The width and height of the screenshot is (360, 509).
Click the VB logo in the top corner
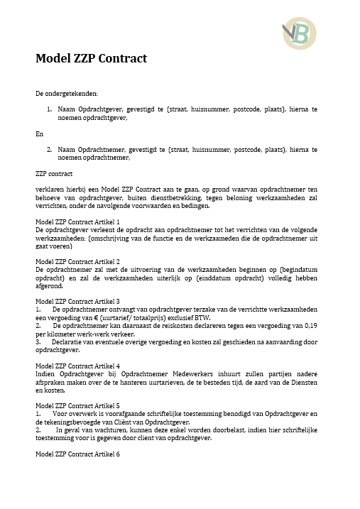point(299,33)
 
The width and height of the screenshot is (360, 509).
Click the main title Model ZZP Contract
point(91,58)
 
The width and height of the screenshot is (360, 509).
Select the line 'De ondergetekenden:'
point(67,93)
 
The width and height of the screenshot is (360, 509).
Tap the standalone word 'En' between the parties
point(39,133)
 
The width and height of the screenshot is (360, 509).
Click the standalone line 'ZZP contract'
point(53,173)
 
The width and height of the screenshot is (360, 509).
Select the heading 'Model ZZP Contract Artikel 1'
point(77,221)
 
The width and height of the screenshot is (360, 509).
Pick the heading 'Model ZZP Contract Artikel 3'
point(77,301)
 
